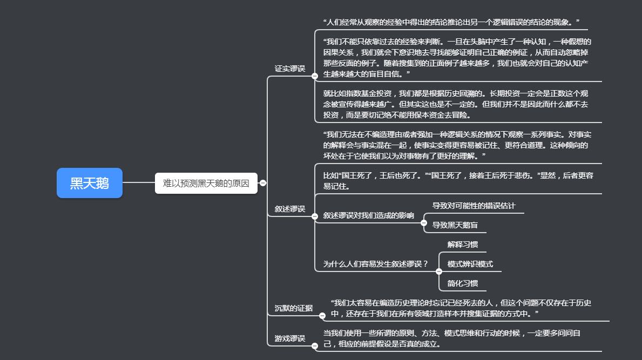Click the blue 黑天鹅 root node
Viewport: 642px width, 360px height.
click(90, 183)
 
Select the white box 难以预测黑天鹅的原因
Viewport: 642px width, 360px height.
click(206, 183)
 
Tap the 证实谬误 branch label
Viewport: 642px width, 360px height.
click(290, 69)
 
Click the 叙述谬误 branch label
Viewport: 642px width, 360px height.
click(290, 209)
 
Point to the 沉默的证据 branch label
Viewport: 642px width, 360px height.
click(294, 308)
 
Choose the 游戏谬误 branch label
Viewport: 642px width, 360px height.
click(290, 338)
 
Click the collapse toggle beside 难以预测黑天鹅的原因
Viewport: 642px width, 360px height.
click(263, 183)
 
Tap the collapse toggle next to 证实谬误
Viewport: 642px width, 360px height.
click(314, 76)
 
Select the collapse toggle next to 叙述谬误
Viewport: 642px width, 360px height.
click(314, 216)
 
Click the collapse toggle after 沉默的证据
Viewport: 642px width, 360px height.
click(322, 316)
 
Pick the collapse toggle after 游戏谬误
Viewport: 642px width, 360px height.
click(314, 346)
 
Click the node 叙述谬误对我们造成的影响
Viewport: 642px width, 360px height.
click(368, 215)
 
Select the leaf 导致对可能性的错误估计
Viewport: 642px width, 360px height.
click(474, 205)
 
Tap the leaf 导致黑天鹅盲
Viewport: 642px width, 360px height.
click(455, 225)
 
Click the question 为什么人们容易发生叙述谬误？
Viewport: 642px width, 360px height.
click(375, 264)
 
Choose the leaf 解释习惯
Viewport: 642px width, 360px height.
click(463, 244)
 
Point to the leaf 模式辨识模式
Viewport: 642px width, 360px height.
click(470, 264)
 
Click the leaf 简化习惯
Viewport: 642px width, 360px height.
click(463, 283)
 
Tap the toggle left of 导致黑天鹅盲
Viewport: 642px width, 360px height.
click(424, 223)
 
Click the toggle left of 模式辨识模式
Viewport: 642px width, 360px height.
click(439, 271)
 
